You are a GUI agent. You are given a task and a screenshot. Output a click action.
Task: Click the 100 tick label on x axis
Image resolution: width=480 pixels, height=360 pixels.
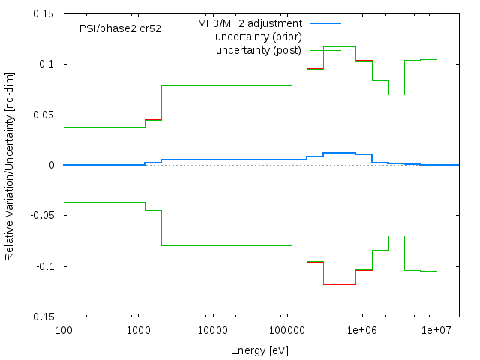pos(64,331)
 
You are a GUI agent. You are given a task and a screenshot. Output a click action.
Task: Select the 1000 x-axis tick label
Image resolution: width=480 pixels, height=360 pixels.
pos(138,331)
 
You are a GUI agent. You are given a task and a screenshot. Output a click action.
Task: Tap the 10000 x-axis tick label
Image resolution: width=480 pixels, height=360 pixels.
pos(213,331)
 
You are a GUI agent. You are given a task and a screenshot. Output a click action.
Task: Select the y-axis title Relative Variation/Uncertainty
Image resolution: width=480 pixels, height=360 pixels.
pos(10,165)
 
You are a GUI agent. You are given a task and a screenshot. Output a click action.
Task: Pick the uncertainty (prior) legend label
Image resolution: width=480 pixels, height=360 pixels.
pos(258,37)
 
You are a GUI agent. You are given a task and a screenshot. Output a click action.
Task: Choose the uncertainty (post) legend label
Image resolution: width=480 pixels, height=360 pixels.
pos(259,50)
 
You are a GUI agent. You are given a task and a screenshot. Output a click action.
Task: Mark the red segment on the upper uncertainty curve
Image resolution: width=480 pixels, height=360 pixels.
pos(364,61)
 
